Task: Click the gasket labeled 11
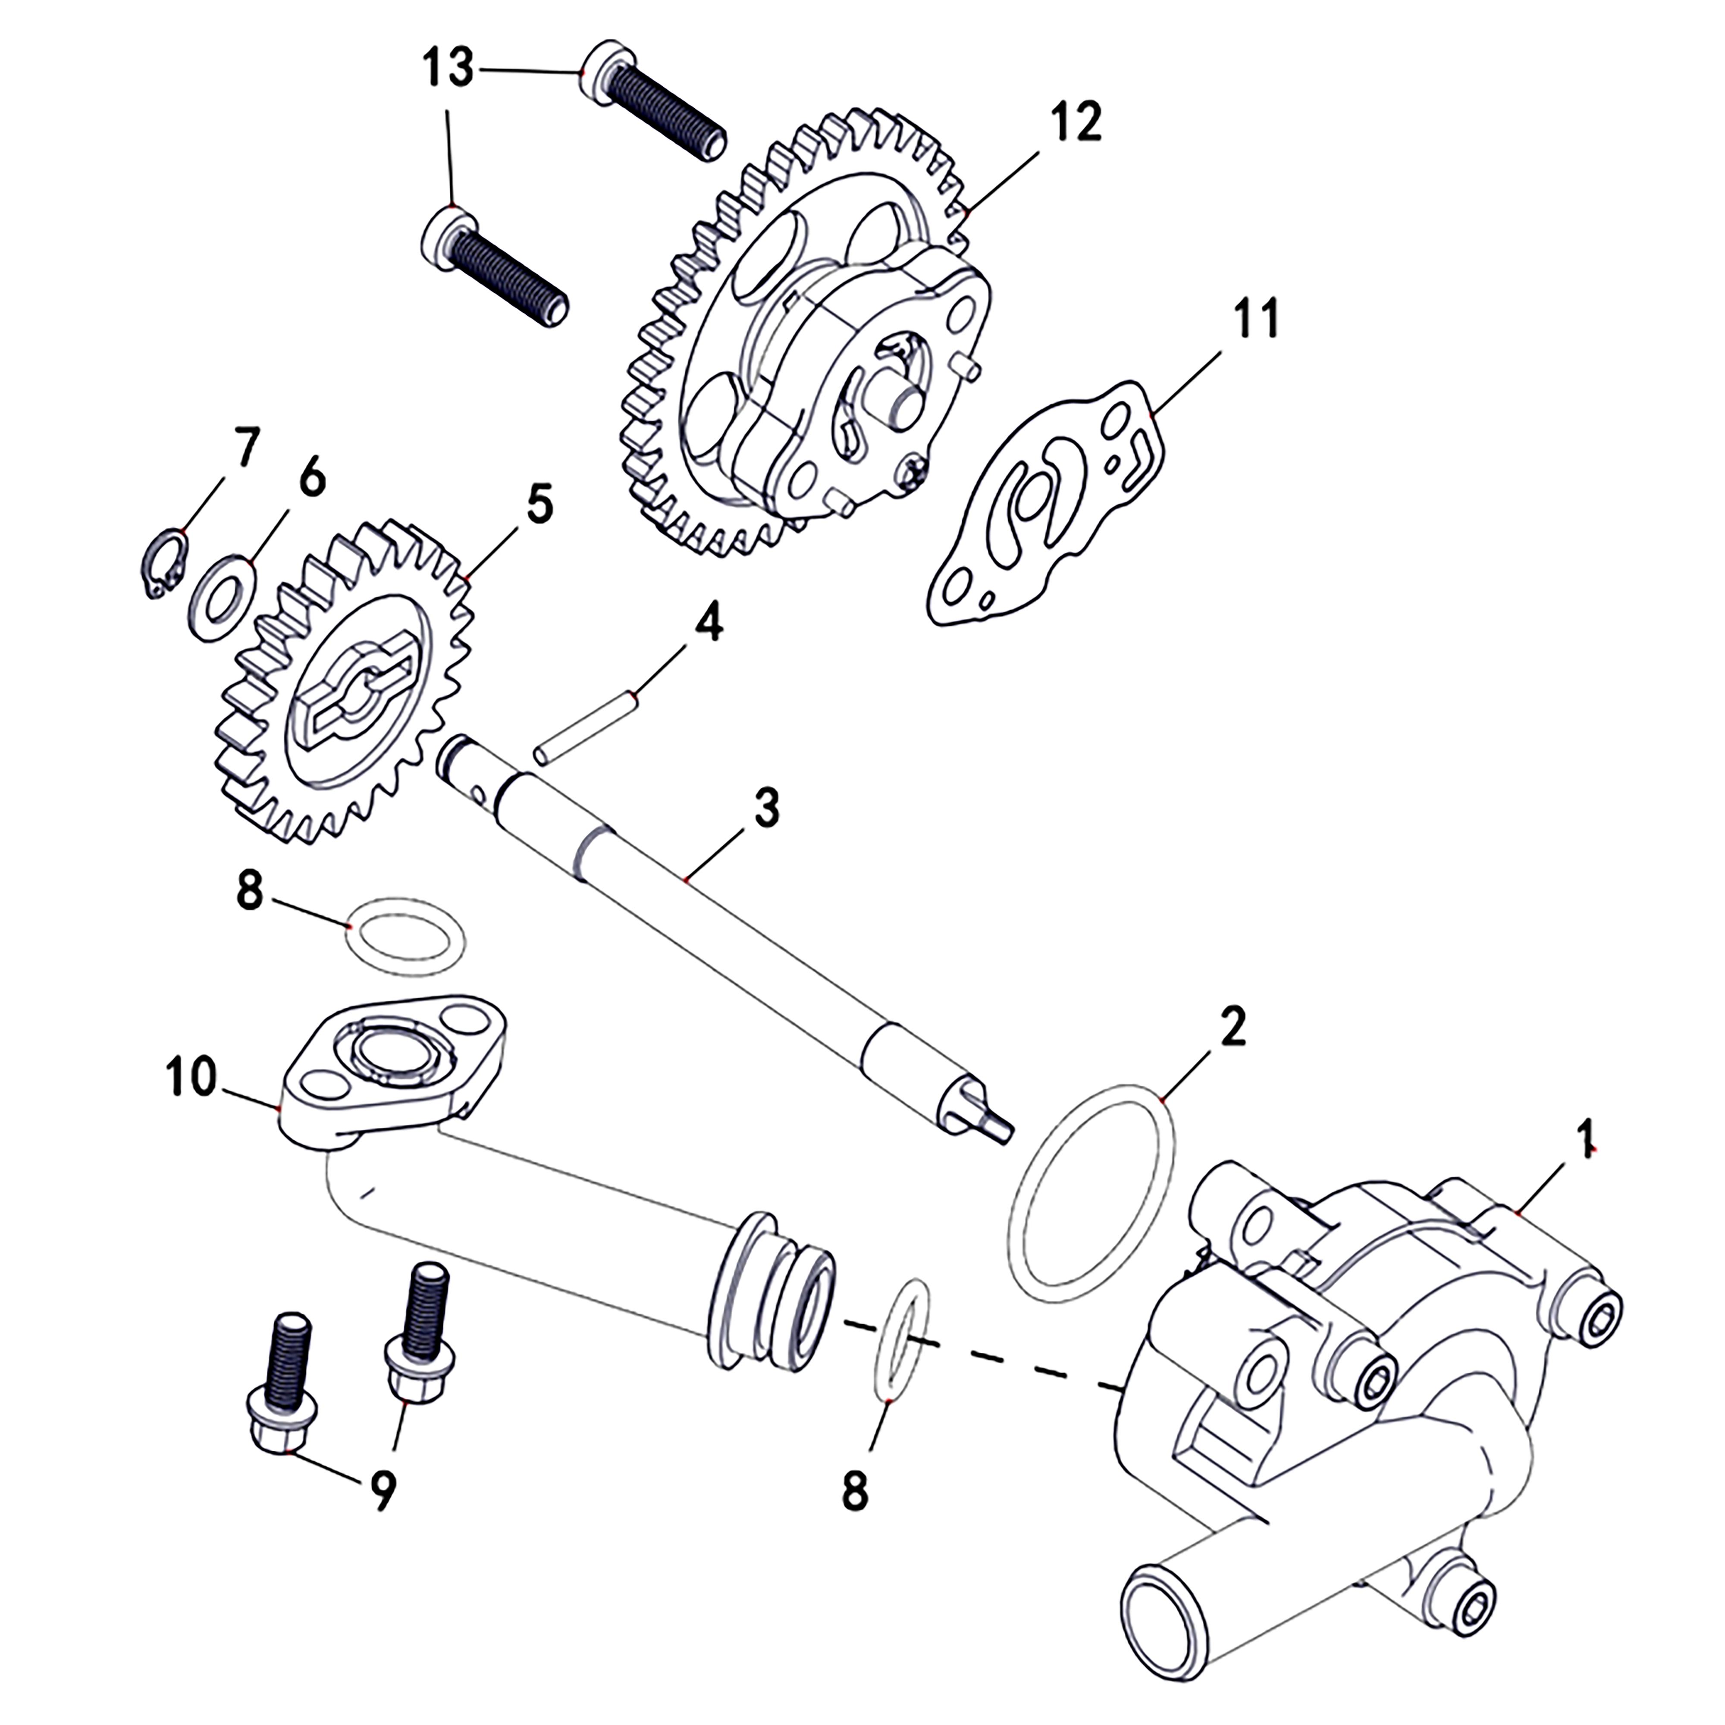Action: coord(1044,509)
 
